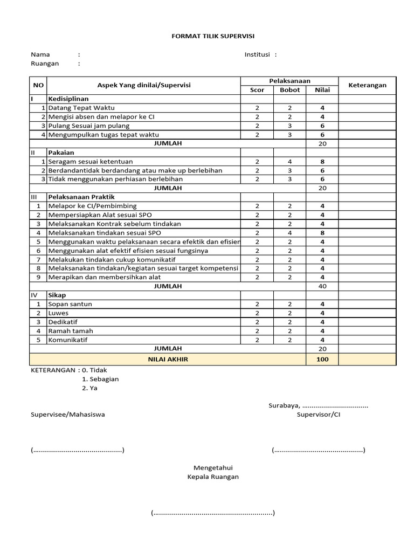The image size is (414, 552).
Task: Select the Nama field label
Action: click(x=40, y=54)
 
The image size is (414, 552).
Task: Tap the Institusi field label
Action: click(x=258, y=54)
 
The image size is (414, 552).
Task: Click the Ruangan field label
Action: click(x=45, y=63)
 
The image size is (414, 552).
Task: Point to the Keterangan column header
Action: click(x=367, y=85)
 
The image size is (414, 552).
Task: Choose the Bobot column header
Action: click(x=289, y=90)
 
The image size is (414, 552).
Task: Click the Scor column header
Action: click(x=257, y=90)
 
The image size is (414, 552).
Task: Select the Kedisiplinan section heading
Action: click(x=68, y=99)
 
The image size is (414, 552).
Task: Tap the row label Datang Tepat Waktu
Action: click(x=81, y=108)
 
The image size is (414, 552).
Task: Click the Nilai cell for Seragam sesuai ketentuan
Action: click(x=322, y=161)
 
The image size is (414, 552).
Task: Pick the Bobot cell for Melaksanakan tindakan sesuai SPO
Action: click(x=289, y=232)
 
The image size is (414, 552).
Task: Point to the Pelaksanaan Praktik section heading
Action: click(x=81, y=197)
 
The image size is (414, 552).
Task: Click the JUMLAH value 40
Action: click(x=322, y=286)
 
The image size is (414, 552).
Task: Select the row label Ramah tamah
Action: click(x=70, y=331)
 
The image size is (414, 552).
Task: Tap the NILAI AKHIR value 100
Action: click(x=322, y=359)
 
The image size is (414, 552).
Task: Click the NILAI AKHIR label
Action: click(x=168, y=359)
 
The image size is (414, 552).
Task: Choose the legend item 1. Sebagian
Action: click(x=100, y=379)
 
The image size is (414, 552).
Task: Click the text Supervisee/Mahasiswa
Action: click(x=68, y=415)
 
